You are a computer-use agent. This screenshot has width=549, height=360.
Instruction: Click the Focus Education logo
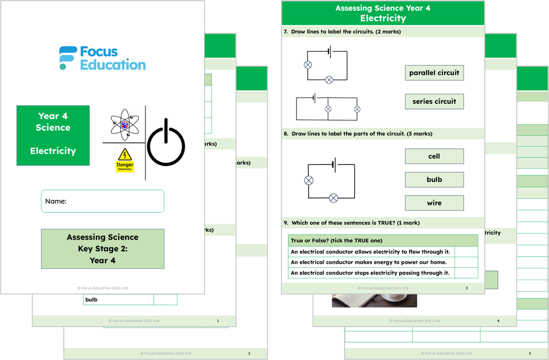coord(103,58)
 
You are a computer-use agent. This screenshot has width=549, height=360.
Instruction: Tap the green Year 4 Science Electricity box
coord(53,135)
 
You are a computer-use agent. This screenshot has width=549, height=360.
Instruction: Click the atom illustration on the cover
coord(125,124)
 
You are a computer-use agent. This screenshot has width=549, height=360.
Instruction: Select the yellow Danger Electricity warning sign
coord(125,160)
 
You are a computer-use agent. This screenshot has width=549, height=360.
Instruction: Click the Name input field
coord(103,201)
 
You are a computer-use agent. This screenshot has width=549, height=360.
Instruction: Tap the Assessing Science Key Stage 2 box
coord(103,249)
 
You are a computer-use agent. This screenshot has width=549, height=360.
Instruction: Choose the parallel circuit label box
coord(434,73)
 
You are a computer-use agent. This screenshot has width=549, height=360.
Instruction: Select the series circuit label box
coord(434,101)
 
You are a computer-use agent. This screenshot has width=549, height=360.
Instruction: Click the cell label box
coord(434,156)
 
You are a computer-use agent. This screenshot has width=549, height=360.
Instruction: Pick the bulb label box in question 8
coord(434,180)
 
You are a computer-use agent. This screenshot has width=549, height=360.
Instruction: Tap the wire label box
coord(434,203)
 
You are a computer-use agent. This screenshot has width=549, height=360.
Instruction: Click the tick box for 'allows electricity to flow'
coord(466,252)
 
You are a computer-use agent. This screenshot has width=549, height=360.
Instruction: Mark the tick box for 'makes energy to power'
coord(466,262)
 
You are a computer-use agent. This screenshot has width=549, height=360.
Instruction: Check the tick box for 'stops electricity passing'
coord(466,273)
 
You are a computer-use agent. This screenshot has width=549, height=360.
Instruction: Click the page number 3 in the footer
coord(467,288)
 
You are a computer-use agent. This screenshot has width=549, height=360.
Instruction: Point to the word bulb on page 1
coord(92,300)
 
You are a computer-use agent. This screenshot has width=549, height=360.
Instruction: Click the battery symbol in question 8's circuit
coord(334,165)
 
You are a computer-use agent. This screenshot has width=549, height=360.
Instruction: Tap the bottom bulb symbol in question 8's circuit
coord(333,198)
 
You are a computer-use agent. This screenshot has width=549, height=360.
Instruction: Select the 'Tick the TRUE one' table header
coord(383,240)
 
